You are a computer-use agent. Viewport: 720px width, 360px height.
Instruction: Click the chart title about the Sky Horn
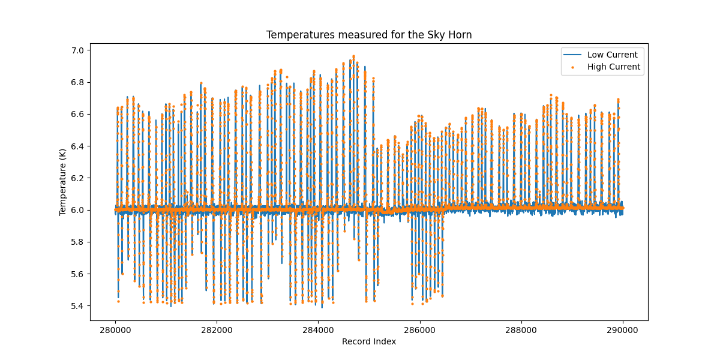click(369, 35)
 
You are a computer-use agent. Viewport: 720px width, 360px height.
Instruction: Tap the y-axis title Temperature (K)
click(62, 182)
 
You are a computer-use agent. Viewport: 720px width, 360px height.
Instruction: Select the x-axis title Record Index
click(369, 341)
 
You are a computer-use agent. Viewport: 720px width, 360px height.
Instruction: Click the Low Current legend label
click(612, 55)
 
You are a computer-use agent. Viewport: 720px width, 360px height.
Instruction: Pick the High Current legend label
click(613, 67)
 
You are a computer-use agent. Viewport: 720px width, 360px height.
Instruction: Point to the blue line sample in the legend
click(572, 55)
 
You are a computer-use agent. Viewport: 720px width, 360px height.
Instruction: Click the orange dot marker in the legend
click(572, 67)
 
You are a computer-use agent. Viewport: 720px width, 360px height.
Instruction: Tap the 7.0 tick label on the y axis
click(78, 50)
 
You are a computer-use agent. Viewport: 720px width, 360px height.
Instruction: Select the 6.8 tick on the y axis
click(78, 82)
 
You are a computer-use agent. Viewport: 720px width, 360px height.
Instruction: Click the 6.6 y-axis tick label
click(78, 114)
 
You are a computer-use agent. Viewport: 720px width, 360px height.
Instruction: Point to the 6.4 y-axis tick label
click(78, 146)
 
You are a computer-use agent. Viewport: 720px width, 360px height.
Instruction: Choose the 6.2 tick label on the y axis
click(78, 178)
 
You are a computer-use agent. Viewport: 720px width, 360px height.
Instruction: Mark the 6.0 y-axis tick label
click(78, 210)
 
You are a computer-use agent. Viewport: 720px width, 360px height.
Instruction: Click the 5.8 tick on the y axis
click(78, 242)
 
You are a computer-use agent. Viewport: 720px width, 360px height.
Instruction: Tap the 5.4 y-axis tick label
click(78, 306)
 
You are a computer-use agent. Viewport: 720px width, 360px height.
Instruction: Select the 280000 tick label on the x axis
click(115, 329)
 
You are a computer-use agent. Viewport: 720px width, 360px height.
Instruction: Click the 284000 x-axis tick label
click(319, 329)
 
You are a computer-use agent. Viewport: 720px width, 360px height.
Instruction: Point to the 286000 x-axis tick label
click(420, 329)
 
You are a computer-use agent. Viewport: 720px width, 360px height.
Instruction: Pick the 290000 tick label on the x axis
click(623, 329)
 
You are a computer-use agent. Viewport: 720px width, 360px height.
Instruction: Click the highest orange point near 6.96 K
click(353, 56)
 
